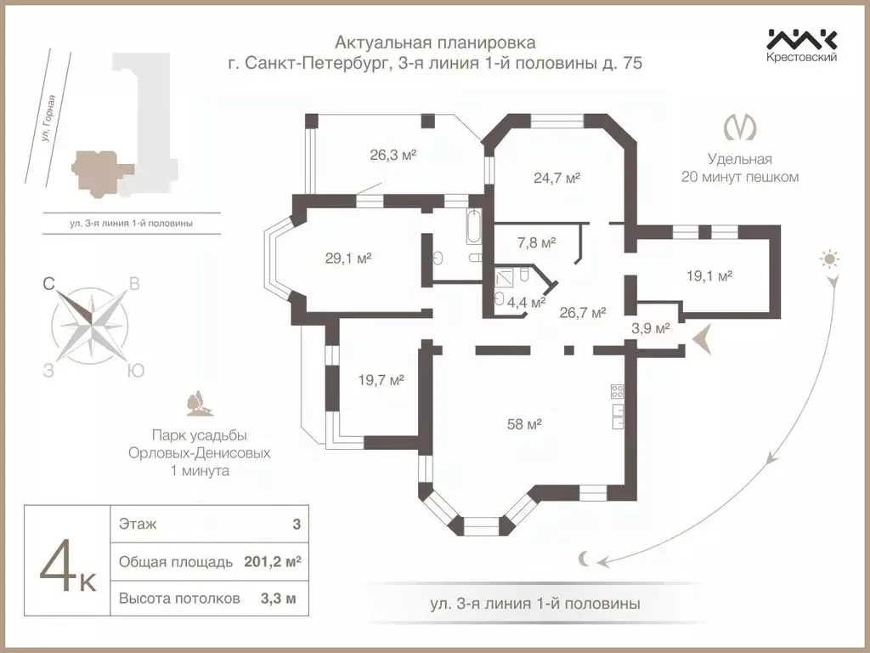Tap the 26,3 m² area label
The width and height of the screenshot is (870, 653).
[392, 156]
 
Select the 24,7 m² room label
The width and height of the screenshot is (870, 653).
[556, 178]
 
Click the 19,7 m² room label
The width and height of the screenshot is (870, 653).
[380, 380]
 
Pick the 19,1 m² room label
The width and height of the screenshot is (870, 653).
[709, 275]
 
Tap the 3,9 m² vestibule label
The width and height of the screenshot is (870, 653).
[651, 327]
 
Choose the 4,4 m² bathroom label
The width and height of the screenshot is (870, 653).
[527, 301]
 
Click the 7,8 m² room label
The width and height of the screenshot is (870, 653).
[536, 242]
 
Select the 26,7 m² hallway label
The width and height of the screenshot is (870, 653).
[582, 312]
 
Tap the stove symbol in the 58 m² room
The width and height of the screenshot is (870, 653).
[618, 392]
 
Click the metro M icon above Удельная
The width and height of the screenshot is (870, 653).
[740, 128]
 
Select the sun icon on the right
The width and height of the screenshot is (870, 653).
[829, 258]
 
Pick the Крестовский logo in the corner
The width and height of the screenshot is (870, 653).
[802, 44]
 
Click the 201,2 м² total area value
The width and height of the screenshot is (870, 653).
[271, 562]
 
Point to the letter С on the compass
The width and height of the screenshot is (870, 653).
[50, 286]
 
